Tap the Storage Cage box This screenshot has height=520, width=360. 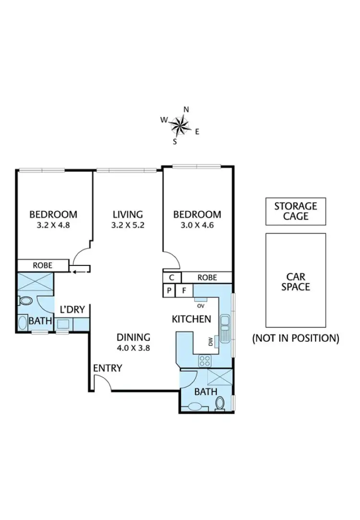click(x=296, y=211)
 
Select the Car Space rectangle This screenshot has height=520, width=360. click(x=296, y=280)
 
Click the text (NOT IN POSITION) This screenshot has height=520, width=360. click(x=296, y=338)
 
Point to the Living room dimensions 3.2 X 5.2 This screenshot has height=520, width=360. click(x=128, y=226)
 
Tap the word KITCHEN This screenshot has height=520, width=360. click(x=192, y=319)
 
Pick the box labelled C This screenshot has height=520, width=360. click(x=172, y=278)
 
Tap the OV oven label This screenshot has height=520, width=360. click(x=200, y=303)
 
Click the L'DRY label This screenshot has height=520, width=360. click(x=72, y=310)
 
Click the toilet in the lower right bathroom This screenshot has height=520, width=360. click(x=220, y=403)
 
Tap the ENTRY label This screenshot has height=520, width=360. click(x=108, y=368)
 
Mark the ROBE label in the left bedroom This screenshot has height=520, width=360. click(x=43, y=265)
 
